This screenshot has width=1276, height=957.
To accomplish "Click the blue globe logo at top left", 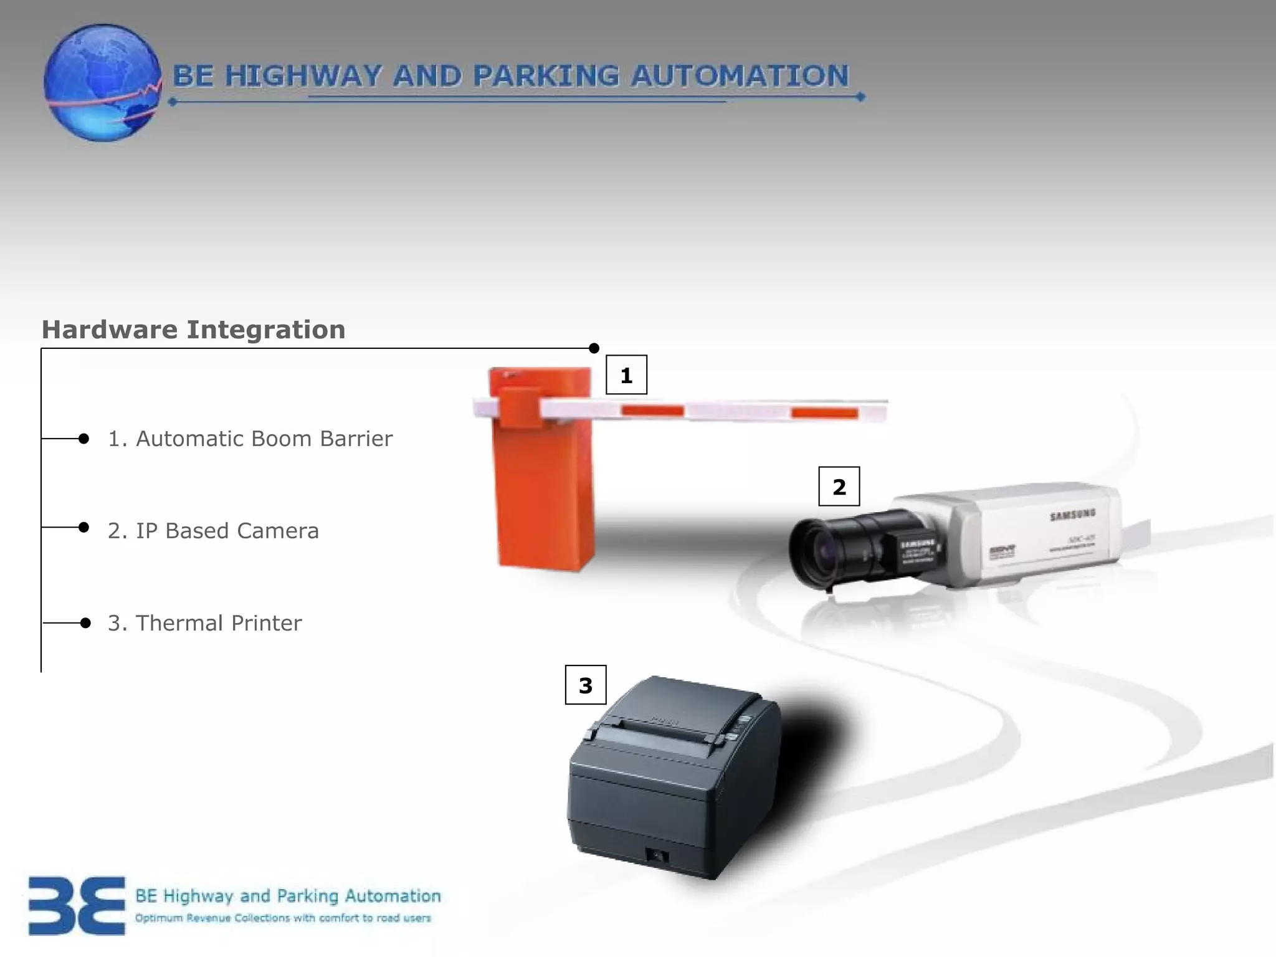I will pyautogui.click(x=103, y=83).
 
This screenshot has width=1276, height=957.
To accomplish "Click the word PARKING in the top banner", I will pyautogui.click(x=545, y=76).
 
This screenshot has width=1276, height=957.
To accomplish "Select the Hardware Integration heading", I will pyautogui.click(x=193, y=330).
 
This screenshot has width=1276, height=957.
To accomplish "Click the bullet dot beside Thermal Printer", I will pyautogui.click(x=86, y=622).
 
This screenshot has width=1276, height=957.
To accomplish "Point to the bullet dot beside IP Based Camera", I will pyautogui.click(x=84, y=527).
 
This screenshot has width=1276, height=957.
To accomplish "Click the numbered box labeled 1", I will pyautogui.click(x=626, y=375).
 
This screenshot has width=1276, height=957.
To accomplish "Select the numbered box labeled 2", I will pyautogui.click(x=839, y=486).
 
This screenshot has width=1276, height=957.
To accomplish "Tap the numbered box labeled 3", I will pyautogui.click(x=585, y=685).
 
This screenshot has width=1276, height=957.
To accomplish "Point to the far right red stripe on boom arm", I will pyautogui.click(x=824, y=412).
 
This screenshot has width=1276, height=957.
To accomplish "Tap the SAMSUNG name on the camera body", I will pyautogui.click(x=1072, y=515).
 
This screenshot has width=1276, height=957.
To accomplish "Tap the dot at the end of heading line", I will pyautogui.click(x=594, y=348).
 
